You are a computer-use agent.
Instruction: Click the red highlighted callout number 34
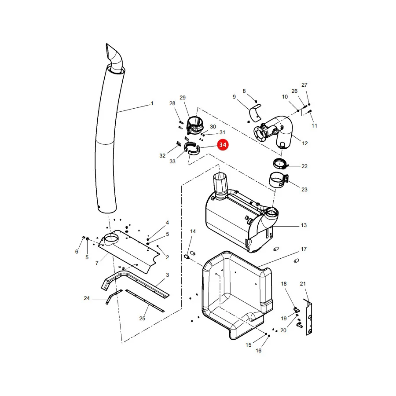[x=223, y=145]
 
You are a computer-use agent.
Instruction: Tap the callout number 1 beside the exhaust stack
[x=152, y=103]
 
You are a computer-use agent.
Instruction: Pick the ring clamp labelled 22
[x=280, y=164]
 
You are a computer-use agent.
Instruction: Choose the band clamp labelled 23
[x=279, y=180]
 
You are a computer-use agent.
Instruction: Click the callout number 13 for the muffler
[x=304, y=225]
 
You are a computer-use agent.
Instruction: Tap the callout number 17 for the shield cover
[x=304, y=249]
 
